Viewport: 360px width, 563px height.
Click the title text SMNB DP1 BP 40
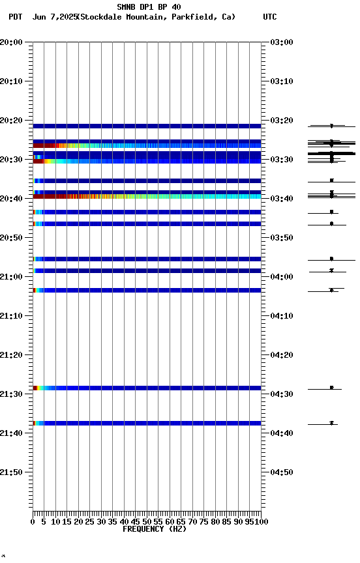[x=149, y=7]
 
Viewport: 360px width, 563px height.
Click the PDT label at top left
[x=16, y=17]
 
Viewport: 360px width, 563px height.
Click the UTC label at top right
[x=270, y=17]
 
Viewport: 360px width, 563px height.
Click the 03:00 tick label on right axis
[x=282, y=42]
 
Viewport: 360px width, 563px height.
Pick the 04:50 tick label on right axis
[x=282, y=472]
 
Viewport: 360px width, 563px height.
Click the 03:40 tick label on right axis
[x=282, y=199]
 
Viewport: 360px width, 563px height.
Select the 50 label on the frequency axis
[x=147, y=522]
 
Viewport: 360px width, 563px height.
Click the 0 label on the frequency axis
[x=33, y=522]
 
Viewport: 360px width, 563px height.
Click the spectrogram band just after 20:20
[x=147, y=126]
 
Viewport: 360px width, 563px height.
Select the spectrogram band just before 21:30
[x=147, y=388]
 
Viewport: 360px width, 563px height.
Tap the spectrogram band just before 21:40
[x=147, y=423]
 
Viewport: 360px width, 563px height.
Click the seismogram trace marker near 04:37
[x=331, y=424]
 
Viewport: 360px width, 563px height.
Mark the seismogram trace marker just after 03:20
[x=331, y=126]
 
